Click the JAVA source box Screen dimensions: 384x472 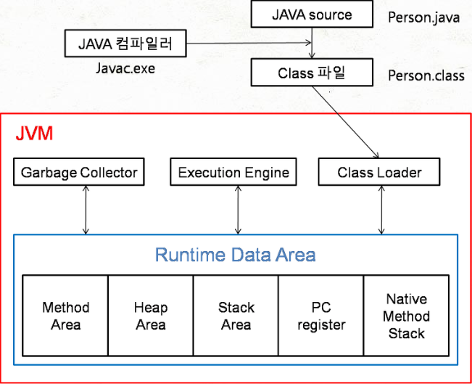click(312, 15)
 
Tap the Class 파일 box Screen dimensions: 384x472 click(312, 73)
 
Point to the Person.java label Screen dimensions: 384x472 click(423, 17)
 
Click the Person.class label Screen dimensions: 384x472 click(426, 75)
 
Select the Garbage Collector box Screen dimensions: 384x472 click(79, 173)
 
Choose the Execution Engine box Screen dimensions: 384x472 click(233, 173)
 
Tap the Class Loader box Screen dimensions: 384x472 click(379, 173)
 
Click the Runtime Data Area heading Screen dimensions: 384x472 click(236, 255)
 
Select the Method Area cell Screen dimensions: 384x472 click(65, 316)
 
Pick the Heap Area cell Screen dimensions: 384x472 click(150, 316)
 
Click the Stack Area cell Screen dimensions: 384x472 click(236, 316)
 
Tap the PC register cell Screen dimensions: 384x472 click(321, 316)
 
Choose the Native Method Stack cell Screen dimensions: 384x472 click(406, 316)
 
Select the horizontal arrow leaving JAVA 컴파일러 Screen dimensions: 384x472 click(247, 44)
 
